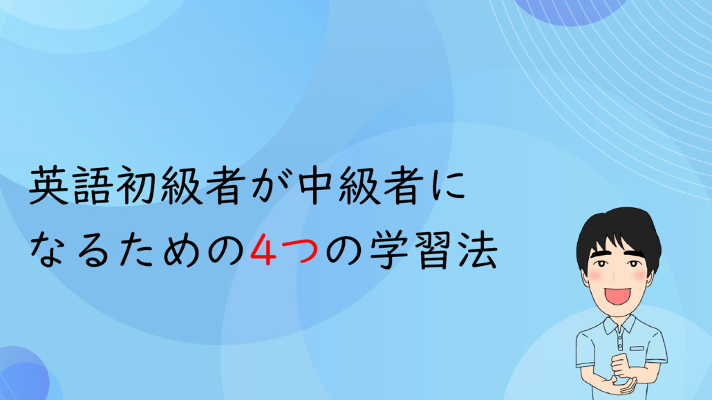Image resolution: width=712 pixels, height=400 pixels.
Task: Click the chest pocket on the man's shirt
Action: coord(637,349)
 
